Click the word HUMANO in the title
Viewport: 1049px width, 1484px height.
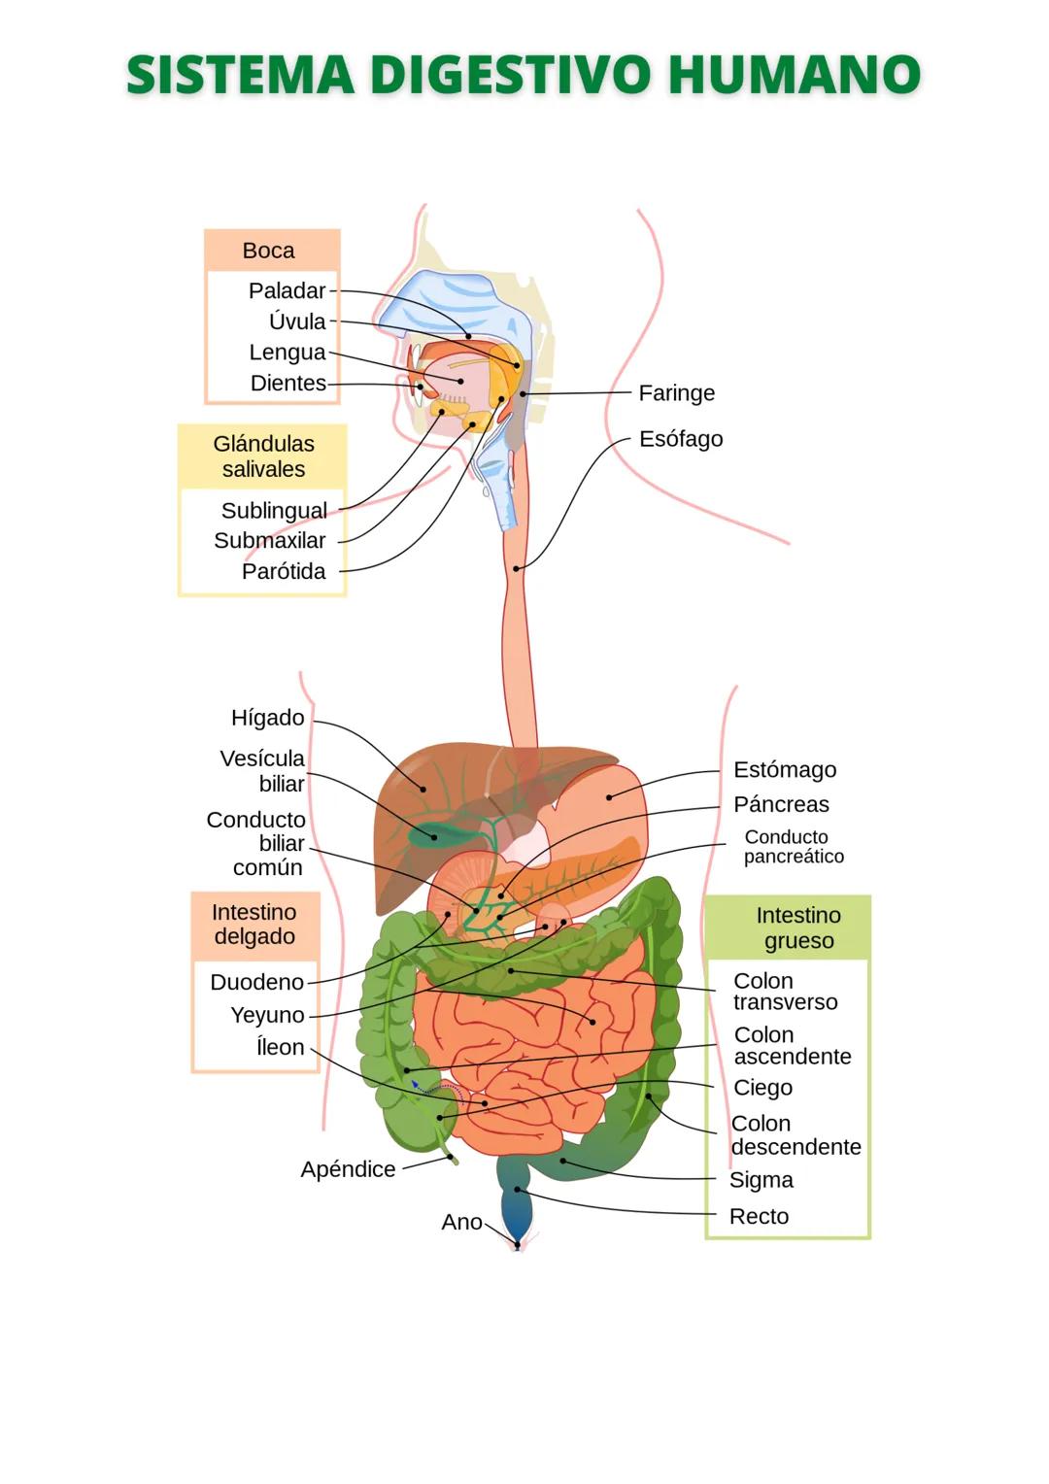[794, 76]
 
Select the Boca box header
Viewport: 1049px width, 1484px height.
[269, 251]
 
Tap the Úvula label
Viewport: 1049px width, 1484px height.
[297, 321]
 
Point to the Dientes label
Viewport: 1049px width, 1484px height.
[288, 384]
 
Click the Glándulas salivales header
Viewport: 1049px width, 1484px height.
[263, 456]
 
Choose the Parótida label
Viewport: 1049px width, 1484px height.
[284, 571]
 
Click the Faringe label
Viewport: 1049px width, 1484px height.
[676, 393]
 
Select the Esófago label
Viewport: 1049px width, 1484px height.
[680, 439]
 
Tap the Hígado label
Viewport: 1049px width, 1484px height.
[268, 718]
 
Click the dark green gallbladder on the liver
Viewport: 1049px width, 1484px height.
[424, 832]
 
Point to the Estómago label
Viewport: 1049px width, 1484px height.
[784, 770]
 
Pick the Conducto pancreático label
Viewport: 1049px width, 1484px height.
[793, 847]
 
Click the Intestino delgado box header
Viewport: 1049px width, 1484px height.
[254, 925]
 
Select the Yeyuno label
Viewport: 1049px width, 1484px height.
[267, 1015]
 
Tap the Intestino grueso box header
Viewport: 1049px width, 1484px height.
[798, 928]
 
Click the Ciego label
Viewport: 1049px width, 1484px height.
[762, 1088]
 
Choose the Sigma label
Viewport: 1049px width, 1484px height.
[761, 1180]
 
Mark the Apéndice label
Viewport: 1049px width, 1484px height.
[348, 1169]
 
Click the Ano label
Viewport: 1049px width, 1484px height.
[461, 1222]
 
